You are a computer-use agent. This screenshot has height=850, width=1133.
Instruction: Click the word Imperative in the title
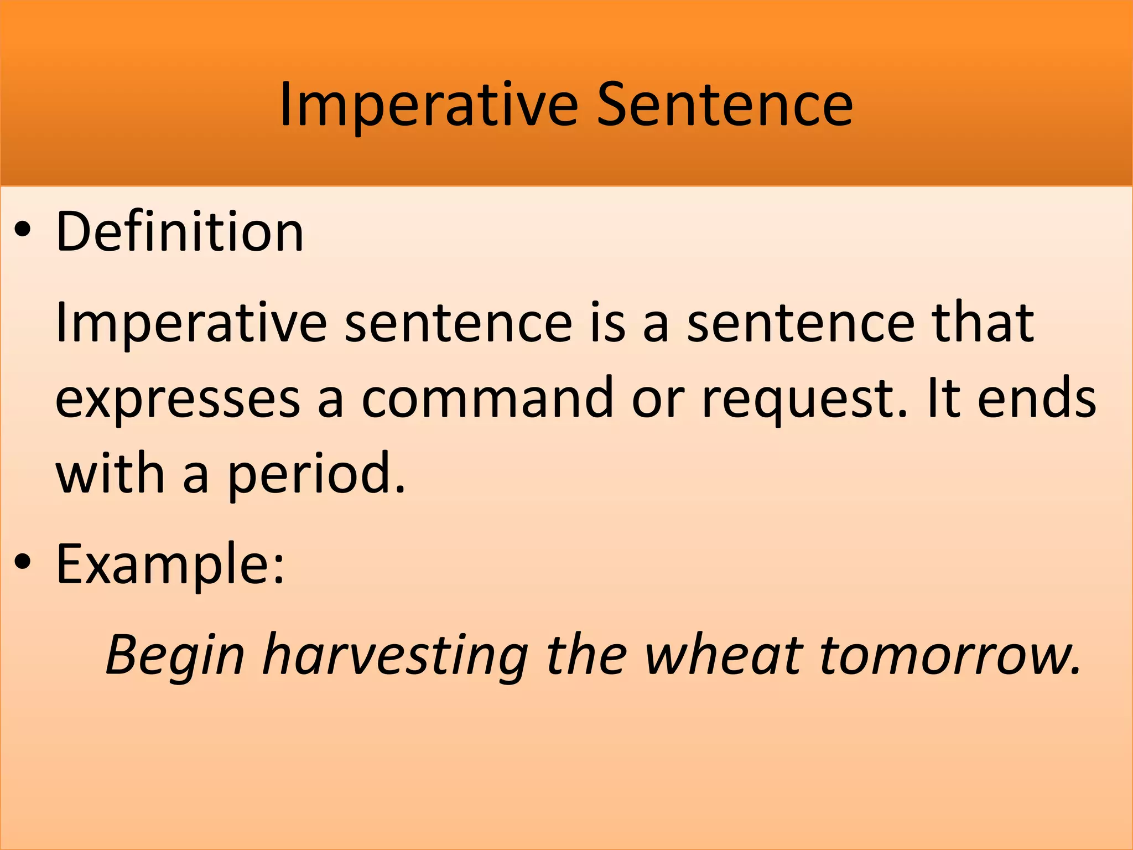pos(429,105)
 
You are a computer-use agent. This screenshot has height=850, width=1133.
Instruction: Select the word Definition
pos(180,232)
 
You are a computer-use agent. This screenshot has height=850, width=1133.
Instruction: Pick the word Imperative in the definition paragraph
pos(191,324)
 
